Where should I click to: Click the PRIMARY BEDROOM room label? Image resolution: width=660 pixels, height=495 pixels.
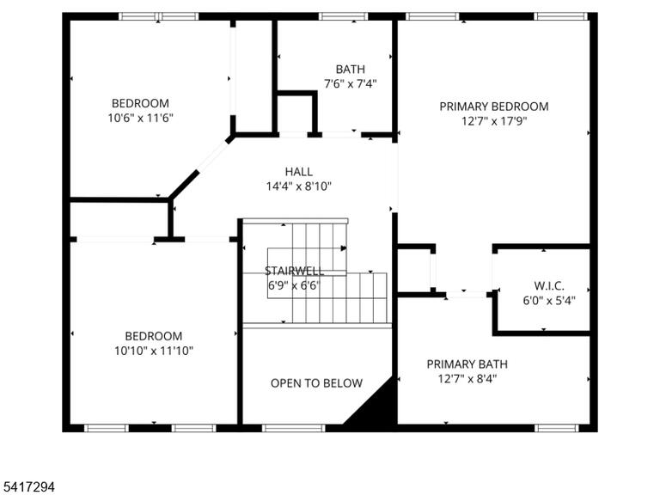[x=494, y=107]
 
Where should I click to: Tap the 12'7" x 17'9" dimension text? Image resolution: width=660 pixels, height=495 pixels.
[x=494, y=121]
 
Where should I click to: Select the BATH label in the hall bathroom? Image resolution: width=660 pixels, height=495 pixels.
[x=351, y=69]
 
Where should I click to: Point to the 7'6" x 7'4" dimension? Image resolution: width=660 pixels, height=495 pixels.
[x=351, y=83]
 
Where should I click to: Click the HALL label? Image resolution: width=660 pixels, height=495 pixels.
[x=299, y=172]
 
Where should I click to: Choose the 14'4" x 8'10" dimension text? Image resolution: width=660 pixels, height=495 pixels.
[x=299, y=186]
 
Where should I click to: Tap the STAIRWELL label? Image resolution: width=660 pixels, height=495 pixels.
[x=295, y=271]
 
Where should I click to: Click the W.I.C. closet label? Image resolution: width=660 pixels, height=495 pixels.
[x=549, y=286]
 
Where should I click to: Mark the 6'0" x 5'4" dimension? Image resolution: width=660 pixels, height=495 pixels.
[x=549, y=301]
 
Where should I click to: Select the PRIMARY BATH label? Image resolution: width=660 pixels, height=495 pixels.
[x=467, y=364]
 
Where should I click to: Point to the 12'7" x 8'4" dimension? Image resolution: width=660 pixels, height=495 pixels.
[x=467, y=379]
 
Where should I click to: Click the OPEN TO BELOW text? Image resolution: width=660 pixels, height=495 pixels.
[x=316, y=383]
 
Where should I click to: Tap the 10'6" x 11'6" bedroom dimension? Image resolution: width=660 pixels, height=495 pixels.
[x=141, y=118]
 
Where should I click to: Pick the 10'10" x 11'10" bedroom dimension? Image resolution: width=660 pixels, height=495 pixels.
[x=154, y=351]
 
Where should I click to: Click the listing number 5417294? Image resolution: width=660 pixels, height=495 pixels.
[x=27, y=487]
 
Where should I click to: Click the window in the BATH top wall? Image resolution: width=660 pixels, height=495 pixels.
[x=344, y=16]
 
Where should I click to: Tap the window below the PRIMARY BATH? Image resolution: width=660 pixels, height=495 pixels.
[x=557, y=428]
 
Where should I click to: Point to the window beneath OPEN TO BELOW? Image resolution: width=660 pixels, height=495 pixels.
[x=294, y=428]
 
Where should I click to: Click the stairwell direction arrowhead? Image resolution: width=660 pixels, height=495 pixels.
[x=344, y=248]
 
